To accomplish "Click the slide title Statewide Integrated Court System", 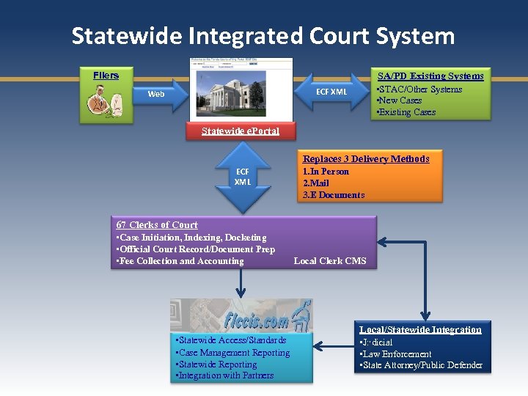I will click(x=263, y=36).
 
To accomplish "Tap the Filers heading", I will click(x=106, y=76).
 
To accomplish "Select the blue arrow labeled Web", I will click(x=158, y=94).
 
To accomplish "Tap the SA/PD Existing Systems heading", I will click(x=430, y=76).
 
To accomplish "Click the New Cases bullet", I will click(x=400, y=100).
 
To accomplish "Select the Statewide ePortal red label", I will click(x=240, y=131).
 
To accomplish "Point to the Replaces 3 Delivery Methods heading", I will click(x=366, y=158).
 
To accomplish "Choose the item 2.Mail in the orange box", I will click(x=316, y=183).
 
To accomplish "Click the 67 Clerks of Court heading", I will click(x=157, y=225).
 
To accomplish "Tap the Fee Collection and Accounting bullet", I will click(x=180, y=261).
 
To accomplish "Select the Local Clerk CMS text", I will click(x=329, y=261).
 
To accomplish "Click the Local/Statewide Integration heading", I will click(x=420, y=330).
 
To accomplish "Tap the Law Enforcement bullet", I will click(x=397, y=354).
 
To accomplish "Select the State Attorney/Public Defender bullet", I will click(x=422, y=365).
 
